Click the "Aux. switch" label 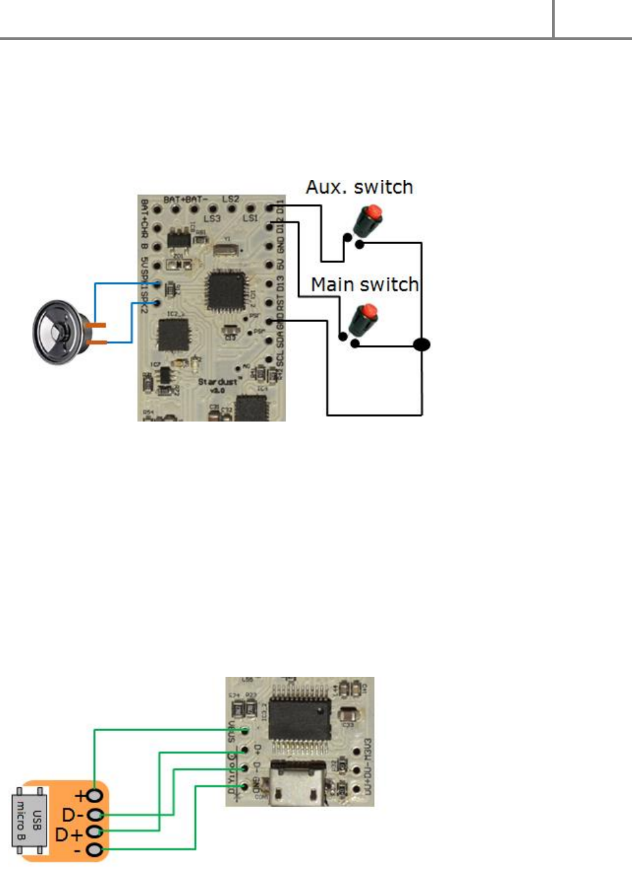(359, 187)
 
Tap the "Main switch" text (364, 285)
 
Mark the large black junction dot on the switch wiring (422, 344)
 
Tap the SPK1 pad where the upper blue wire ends (157, 283)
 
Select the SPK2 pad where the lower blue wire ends (157, 303)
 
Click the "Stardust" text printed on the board (217, 381)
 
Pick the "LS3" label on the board (212, 218)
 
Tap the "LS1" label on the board (250, 218)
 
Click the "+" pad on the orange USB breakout (96, 795)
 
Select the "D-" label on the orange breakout (72, 815)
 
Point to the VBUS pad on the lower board (245, 730)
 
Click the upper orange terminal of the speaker (97, 325)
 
